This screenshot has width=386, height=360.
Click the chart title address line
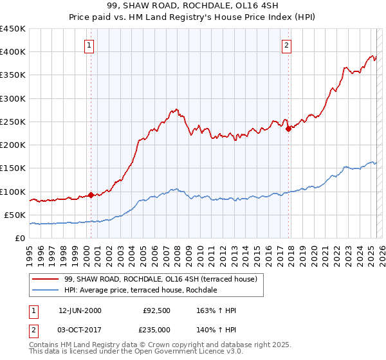tap(192, 7)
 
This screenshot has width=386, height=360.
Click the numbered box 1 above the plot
tap(89, 45)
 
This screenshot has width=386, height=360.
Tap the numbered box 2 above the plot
tap(286, 45)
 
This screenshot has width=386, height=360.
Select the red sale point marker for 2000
tap(91, 195)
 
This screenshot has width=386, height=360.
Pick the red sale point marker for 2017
tap(288, 129)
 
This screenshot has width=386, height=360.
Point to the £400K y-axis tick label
tap(12, 52)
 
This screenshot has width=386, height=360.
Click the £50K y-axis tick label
tap(15, 215)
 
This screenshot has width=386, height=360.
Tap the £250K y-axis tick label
tap(12, 122)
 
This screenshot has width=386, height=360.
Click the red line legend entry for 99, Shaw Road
tap(161, 279)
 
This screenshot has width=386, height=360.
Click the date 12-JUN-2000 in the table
tap(80, 310)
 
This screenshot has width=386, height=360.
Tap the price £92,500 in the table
tap(157, 310)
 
